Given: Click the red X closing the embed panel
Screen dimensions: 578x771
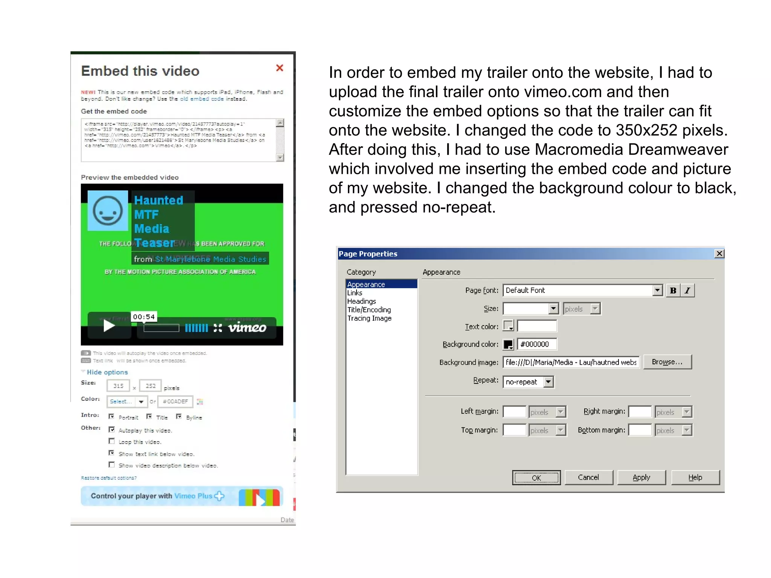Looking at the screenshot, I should (279, 68).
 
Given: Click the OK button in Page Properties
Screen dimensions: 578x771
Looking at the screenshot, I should (536, 478).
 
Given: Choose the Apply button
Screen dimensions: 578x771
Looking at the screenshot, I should (641, 478).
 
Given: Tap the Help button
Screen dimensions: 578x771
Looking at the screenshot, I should (695, 478).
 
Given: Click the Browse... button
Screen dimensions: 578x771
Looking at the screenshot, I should (667, 362).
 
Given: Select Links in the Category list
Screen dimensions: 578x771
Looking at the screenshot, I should (355, 293).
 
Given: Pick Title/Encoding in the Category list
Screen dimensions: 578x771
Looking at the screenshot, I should (369, 310).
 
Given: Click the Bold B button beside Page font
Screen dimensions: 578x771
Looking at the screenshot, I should (673, 291).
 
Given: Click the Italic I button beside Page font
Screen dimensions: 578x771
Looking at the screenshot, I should (687, 291).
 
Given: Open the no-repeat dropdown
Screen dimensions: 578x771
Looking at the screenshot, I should (549, 382).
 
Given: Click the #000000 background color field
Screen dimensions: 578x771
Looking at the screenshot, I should (537, 344).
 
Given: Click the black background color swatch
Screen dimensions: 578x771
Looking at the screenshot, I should (508, 344).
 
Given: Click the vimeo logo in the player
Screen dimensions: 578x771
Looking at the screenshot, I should (247, 327).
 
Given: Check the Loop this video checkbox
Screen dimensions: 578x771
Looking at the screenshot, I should (112, 441).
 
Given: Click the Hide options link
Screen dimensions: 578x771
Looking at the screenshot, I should (107, 372).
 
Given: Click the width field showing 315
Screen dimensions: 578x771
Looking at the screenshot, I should (118, 386).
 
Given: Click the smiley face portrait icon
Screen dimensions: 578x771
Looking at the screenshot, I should (108, 211).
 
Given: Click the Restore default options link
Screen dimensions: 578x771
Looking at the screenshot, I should (109, 478).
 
